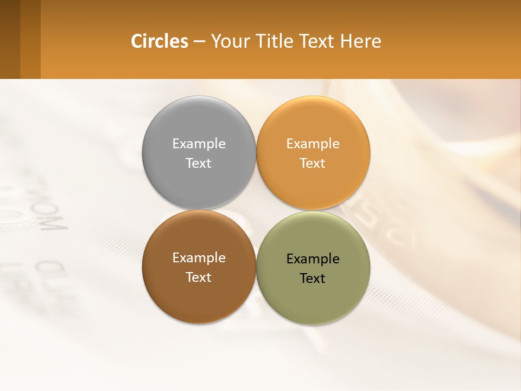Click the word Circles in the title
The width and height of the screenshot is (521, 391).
160,41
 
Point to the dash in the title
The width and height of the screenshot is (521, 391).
199,42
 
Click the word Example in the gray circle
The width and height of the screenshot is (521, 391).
199,143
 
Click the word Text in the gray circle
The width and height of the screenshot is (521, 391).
199,163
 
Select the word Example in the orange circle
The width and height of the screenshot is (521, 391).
313,143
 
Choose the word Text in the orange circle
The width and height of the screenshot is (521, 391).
313,163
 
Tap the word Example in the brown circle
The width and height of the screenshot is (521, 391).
199,257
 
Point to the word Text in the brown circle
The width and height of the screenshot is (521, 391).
199,277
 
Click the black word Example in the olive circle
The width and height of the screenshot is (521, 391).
313,258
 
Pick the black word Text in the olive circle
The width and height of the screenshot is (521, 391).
313,278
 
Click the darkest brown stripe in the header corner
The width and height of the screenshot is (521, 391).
10,39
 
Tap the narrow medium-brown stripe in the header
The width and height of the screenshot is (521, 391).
30,39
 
